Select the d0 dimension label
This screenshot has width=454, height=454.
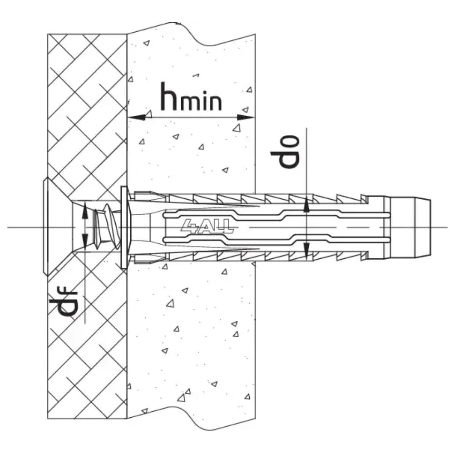point(285,151)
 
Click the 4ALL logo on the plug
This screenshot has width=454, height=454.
point(207,226)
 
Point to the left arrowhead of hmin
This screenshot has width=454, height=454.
point(137,118)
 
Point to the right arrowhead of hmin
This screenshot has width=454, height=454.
point(246,118)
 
